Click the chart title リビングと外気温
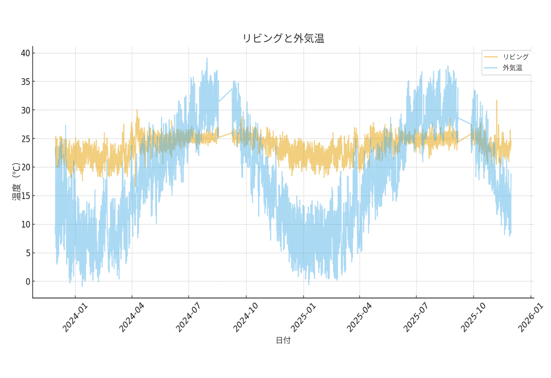(x=284, y=38)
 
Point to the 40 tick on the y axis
(x=26, y=53)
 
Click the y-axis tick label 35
(x=26, y=82)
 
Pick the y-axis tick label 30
(x=26, y=110)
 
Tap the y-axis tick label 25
(x=26, y=139)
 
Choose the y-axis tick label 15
(x=26, y=196)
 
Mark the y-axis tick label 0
(x=28, y=282)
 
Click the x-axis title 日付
(x=284, y=340)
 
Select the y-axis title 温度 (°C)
(x=16, y=182)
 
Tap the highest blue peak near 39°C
(x=207, y=59)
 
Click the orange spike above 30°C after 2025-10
(x=497, y=101)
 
